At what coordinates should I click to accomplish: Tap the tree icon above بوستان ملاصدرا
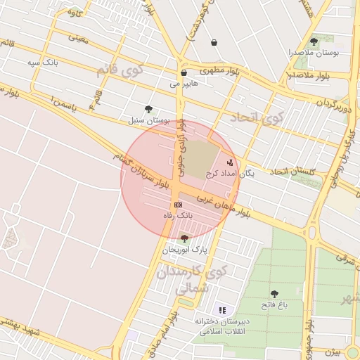[314, 41]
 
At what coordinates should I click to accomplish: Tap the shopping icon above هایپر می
[184, 72]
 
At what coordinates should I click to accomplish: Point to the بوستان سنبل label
[146, 120]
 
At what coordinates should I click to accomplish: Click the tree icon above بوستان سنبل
[148, 109]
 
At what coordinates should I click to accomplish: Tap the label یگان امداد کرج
[230, 172]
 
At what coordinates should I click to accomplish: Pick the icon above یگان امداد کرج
[230, 162]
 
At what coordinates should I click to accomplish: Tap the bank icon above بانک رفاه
[178, 204]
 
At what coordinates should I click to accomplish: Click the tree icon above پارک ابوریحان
[184, 239]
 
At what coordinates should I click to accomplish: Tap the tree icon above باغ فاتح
[274, 294]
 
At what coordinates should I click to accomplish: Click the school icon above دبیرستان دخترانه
[222, 310]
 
